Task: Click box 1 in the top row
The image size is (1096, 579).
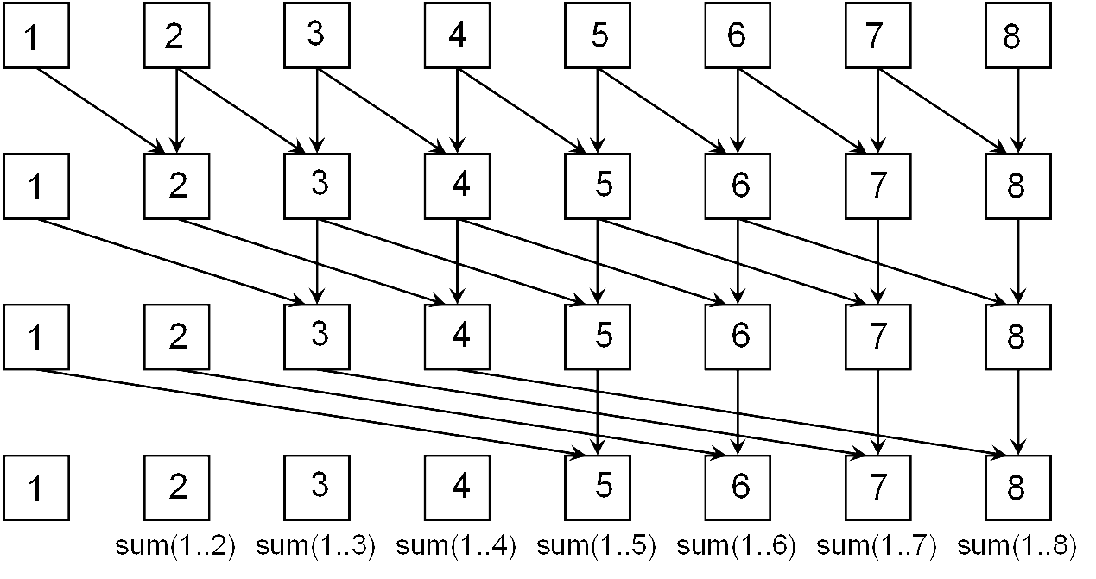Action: point(36,35)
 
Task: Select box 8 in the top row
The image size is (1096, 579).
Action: point(1018,35)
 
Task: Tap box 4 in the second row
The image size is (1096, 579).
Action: point(458,186)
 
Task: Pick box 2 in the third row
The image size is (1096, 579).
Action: point(177,337)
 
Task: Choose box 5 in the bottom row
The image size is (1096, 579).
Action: point(598,488)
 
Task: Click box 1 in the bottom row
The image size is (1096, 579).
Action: point(36,488)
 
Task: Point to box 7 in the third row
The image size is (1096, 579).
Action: point(878,337)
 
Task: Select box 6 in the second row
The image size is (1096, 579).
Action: point(738,186)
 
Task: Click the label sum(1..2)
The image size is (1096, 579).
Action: point(175,545)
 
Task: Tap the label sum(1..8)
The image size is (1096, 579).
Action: point(1017,545)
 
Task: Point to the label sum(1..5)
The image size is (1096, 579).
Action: point(597,545)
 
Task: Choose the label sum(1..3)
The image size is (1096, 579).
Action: point(315,545)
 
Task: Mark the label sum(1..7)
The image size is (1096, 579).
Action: point(877,545)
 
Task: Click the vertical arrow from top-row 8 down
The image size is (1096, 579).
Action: point(1018,111)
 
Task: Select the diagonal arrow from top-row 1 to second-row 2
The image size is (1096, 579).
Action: point(101,111)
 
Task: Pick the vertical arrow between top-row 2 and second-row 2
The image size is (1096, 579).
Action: point(177,111)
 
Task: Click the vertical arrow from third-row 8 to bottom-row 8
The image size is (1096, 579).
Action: point(1018,412)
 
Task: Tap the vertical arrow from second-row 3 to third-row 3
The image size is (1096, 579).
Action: point(317,262)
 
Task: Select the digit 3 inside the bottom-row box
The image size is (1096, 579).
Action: point(320,485)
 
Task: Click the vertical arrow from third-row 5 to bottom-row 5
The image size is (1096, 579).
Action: point(598,412)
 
